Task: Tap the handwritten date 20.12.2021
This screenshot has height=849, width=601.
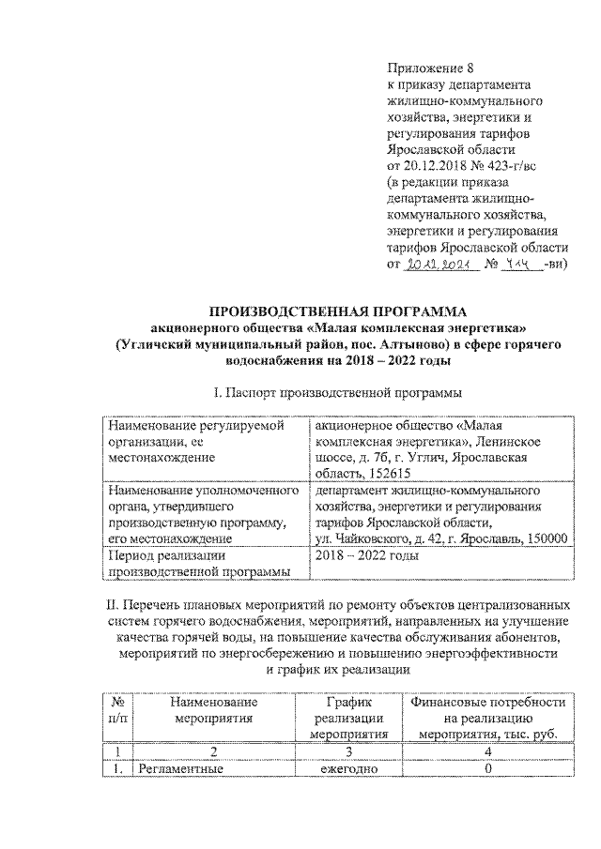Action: [x=435, y=265]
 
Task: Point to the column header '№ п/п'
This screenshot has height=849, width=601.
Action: [x=118, y=711]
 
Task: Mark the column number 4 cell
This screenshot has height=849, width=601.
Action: [x=486, y=752]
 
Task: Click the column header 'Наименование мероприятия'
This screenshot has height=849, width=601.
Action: [x=214, y=711]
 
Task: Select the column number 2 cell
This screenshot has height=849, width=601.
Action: [x=214, y=752]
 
